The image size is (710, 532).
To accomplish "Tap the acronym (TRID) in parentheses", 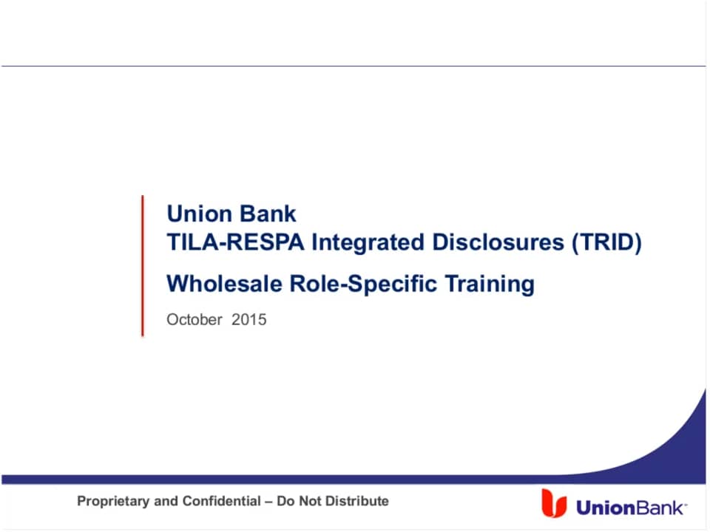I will click(x=606, y=242).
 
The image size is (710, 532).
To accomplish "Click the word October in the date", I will click(x=195, y=320).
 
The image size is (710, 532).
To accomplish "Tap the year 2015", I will click(x=248, y=320).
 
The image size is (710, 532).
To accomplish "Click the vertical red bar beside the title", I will click(x=143, y=265).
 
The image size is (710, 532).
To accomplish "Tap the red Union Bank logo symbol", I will click(x=553, y=502).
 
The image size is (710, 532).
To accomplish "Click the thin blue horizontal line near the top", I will click(x=355, y=66).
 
